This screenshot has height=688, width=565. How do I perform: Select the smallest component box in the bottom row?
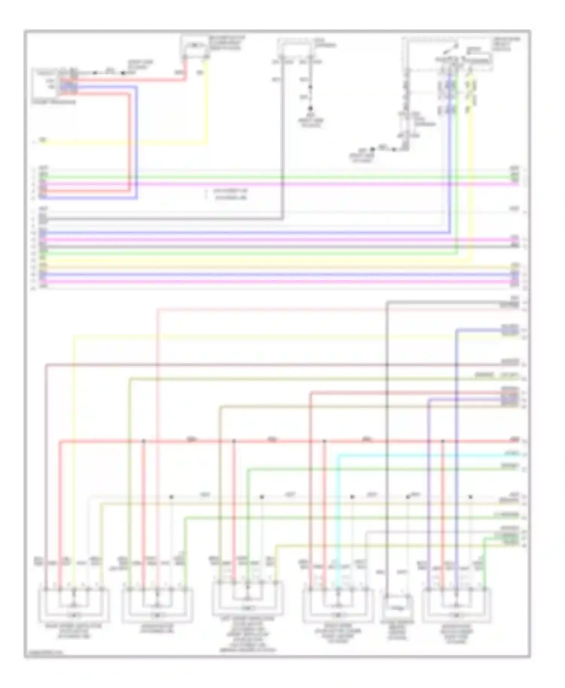pos(397,607)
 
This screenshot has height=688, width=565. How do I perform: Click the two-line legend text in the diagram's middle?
pos(230,194)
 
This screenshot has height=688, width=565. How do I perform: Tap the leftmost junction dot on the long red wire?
pos(144,441)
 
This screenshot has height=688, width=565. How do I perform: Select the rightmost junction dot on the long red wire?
pos(443,441)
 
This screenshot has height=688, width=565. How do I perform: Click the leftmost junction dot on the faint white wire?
pos(171,497)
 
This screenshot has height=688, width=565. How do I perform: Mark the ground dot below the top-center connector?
pos(310,108)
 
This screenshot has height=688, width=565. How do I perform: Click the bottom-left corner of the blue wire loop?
pos(136,198)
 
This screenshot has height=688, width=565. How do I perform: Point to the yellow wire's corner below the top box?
pos(206,143)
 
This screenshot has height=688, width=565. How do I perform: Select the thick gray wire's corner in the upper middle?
pos(282,218)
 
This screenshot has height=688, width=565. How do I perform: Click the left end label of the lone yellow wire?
pos(43,140)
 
